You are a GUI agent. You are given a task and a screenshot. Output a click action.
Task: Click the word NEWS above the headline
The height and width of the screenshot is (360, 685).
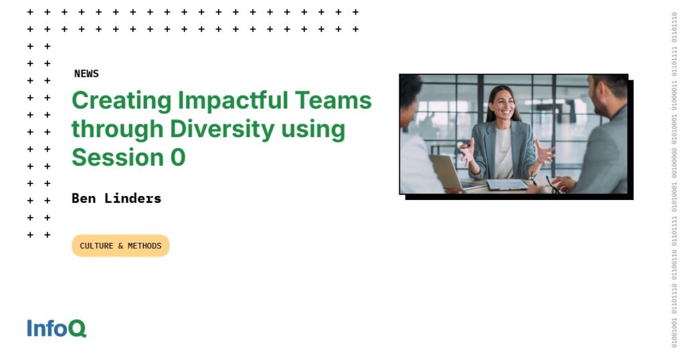point(86,74)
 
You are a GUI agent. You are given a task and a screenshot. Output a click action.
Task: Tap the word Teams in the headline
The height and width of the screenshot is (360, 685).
point(334,100)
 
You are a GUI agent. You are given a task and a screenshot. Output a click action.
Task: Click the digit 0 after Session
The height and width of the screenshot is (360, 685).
point(177,157)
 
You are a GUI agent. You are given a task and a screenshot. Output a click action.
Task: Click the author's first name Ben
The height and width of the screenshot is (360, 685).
point(84,198)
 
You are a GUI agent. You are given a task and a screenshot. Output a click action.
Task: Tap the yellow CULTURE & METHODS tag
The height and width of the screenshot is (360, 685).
point(120,246)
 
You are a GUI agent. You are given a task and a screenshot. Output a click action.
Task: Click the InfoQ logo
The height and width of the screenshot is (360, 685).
point(57,329)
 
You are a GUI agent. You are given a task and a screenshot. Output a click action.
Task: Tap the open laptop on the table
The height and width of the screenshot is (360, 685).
point(446,172)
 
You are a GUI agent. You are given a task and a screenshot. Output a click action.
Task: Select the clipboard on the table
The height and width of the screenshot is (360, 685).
point(507,184)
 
